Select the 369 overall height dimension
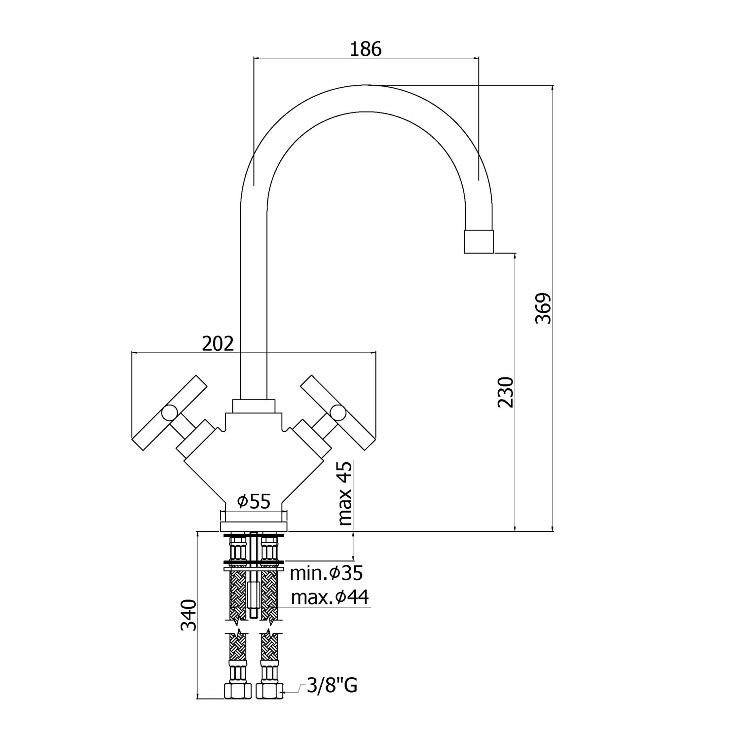click(543, 308)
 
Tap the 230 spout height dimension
click(506, 392)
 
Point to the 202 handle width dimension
click(218, 343)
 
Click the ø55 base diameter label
click(254, 502)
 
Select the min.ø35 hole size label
click(326, 573)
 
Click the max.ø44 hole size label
click(330, 597)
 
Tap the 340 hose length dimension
click(189, 615)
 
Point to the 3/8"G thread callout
click(332, 685)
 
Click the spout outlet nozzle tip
click(479, 241)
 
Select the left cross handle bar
click(169, 412)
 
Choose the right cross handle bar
click(338, 412)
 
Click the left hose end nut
click(238, 690)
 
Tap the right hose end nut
click(270, 690)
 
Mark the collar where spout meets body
click(253, 406)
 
